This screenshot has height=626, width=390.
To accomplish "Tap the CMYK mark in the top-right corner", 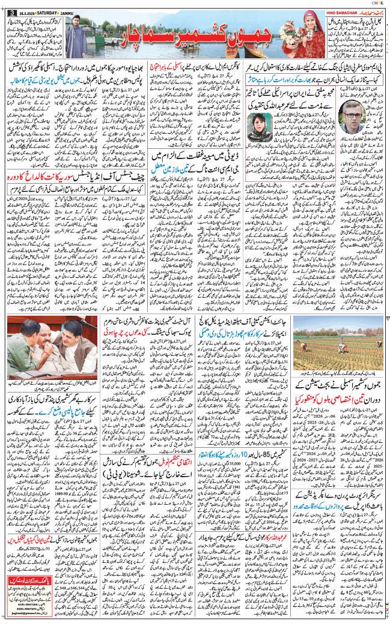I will [x=377, y=3].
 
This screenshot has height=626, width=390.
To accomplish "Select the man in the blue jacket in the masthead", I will [x=74, y=35].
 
